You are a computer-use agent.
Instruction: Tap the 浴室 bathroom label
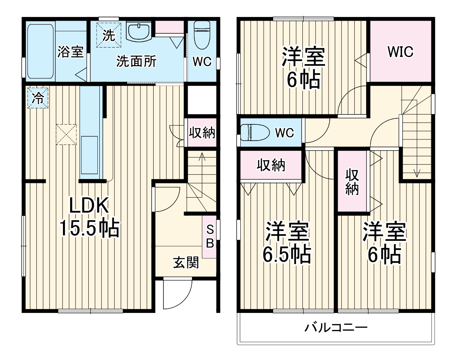(x=70, y=51)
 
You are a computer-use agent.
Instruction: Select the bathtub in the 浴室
(x=40, y=51)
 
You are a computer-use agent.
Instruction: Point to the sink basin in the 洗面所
(x=139, y=31)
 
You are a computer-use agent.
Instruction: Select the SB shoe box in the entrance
(x=210, y=236)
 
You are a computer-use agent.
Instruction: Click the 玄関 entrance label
(x=186, y=262)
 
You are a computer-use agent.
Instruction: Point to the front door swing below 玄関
(x=177, y=293)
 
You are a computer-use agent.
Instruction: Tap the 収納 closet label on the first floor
(x=201, y=133)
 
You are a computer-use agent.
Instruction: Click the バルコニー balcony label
(x=336, y=328)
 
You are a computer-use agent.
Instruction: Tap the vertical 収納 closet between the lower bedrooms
(x=352, y=182)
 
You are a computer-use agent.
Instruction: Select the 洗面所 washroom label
(x=136, y=61)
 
